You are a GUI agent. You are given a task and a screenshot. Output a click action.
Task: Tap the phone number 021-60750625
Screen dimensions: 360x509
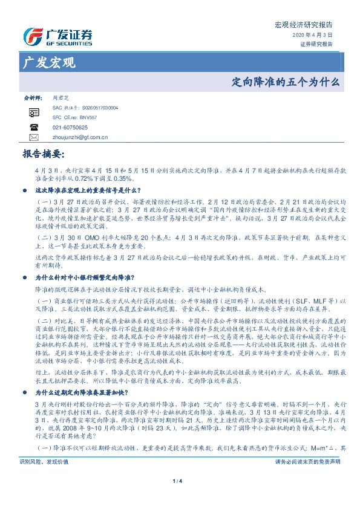(70, 128)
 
